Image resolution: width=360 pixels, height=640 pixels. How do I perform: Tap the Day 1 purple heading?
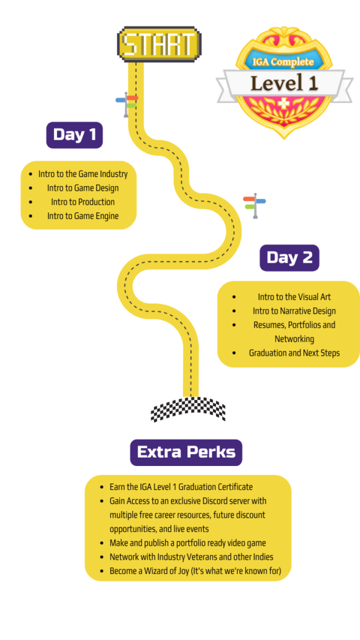click(74, 135)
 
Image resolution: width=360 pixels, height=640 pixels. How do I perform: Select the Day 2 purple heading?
click(289, 258)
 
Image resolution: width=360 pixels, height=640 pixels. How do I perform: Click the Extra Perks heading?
click(186, 452)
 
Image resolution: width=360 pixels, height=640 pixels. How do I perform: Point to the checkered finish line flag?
click(187, 410)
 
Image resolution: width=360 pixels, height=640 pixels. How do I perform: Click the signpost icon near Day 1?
click(127, 104)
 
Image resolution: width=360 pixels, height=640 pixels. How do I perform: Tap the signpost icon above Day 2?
click(254, 205)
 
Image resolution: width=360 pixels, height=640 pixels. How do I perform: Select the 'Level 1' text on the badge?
click(284, 83)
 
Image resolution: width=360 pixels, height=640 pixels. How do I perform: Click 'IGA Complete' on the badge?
click(283, 62)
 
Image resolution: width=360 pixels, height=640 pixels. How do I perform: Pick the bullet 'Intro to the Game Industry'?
click(83, 174)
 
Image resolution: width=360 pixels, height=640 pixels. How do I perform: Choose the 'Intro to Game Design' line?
click(83, 188)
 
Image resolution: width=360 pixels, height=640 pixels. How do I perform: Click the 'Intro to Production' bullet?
click(83, 202)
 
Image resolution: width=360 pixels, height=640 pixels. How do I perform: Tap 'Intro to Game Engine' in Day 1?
click(83, 216)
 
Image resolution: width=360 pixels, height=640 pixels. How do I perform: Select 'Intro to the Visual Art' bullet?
click(294, 297)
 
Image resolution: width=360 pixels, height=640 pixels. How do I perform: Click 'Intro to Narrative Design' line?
click(294, 311)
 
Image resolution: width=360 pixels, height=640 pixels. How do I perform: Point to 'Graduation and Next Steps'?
click(294, 353)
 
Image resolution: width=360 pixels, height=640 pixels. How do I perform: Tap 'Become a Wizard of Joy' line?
click(195, 571)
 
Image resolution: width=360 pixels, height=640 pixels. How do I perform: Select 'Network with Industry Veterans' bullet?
click(191, 557)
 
